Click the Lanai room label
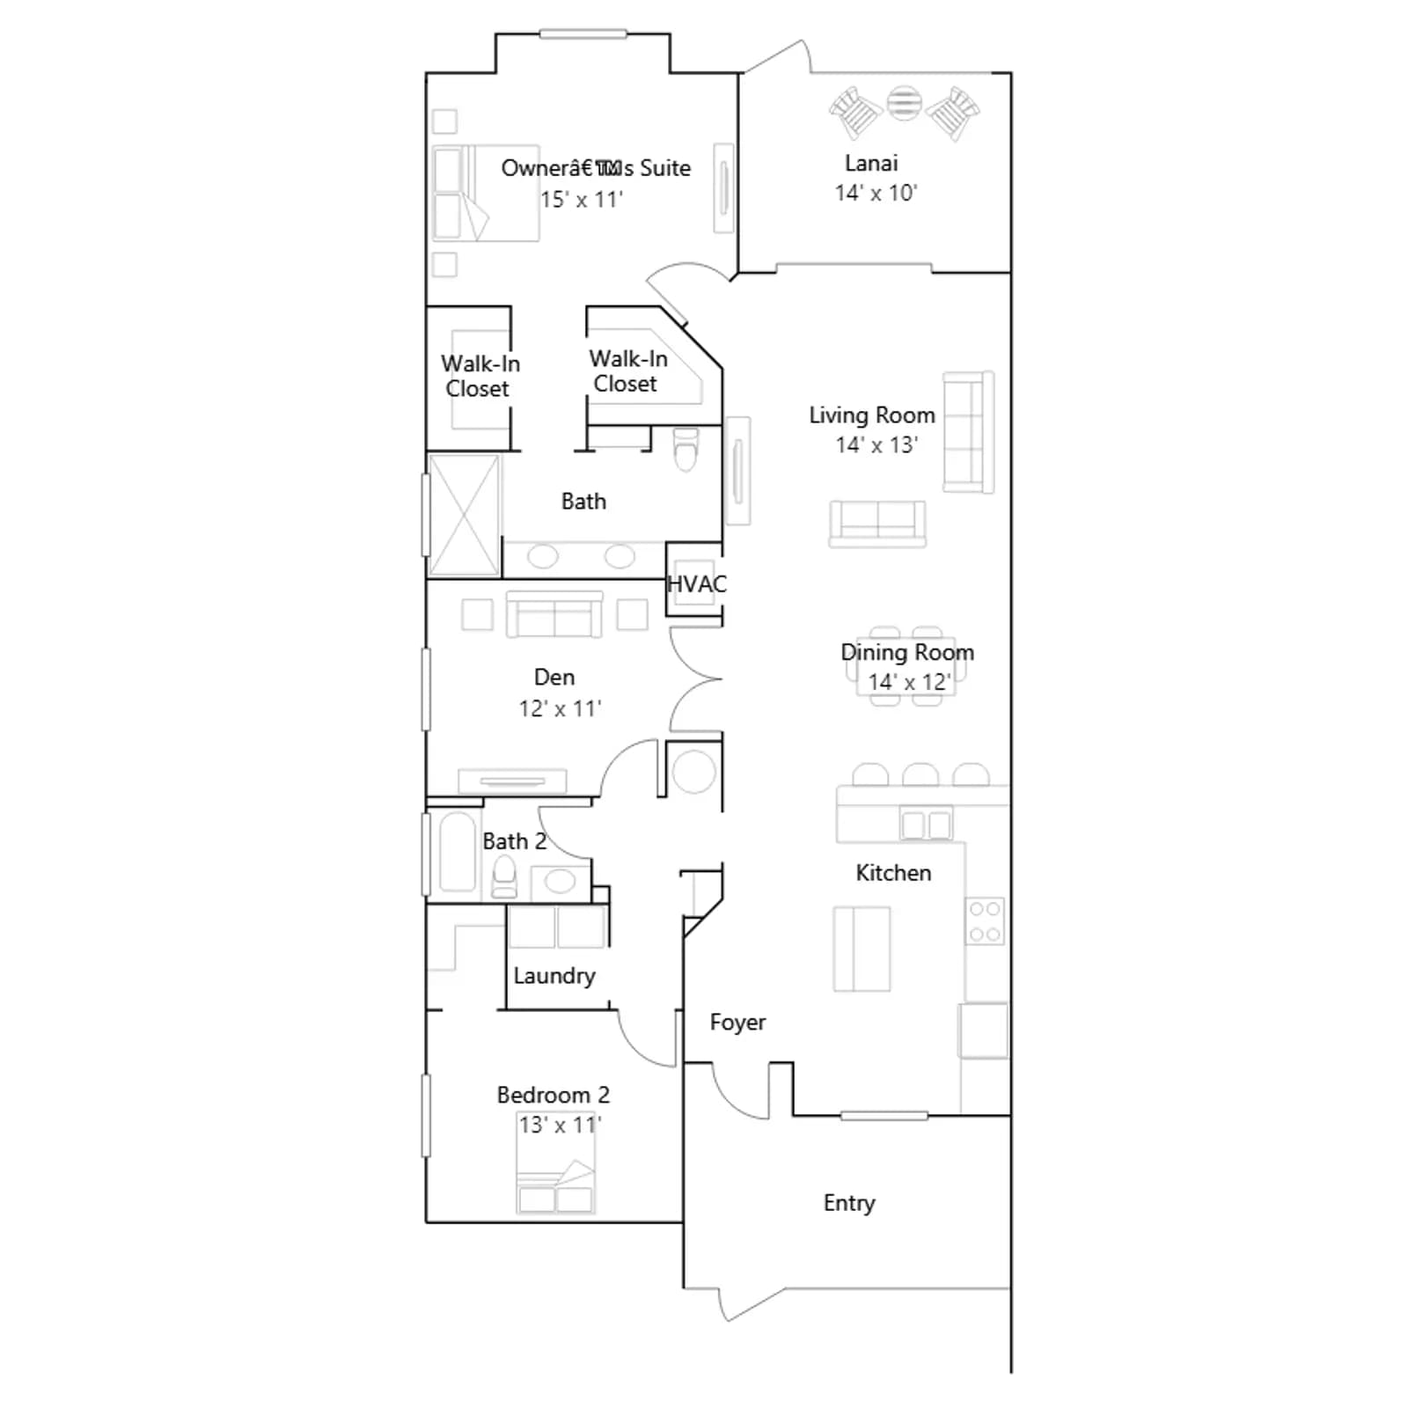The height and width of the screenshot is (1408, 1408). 871,164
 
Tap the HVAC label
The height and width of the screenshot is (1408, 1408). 697,584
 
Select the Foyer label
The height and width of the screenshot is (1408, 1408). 737,1023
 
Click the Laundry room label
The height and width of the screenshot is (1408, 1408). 554,976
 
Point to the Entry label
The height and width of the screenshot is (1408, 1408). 849,1204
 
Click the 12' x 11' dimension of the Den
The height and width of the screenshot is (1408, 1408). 561,708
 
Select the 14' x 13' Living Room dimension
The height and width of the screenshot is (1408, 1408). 876,445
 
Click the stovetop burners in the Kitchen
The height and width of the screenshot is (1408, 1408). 985,921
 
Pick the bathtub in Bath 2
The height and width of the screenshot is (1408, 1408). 457,852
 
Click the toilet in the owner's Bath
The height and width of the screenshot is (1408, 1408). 686,449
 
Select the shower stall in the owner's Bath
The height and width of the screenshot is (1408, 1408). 464,515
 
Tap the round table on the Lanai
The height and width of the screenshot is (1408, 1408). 904,104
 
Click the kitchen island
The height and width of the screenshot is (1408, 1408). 862,950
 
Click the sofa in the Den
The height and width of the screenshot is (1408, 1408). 554,614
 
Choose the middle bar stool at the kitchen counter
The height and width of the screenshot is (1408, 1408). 920,774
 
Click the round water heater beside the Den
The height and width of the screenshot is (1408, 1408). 693,772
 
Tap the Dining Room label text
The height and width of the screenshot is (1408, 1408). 907,653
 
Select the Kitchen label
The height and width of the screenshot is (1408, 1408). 893,873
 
